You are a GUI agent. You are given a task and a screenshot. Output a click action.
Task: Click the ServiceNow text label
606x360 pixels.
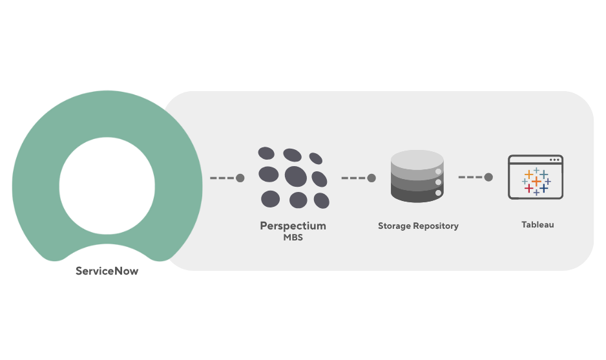107,271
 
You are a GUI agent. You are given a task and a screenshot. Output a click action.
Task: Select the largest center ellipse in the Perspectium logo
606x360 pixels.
295,175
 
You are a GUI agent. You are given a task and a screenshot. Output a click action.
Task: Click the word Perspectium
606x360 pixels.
293,226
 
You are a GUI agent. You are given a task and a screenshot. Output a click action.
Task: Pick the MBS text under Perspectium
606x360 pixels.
293,237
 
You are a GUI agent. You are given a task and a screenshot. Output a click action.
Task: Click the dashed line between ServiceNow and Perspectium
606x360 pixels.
221,178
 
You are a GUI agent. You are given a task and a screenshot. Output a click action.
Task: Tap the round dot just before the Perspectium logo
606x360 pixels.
240,178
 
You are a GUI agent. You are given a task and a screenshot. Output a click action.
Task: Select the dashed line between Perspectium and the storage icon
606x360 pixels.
353,178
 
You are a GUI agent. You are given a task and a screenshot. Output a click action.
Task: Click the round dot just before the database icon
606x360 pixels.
371,178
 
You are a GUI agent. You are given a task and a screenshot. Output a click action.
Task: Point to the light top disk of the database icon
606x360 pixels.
417,158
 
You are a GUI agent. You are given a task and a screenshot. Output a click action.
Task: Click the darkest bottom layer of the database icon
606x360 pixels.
413,193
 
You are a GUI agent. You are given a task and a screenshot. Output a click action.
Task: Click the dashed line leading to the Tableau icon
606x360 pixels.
470,177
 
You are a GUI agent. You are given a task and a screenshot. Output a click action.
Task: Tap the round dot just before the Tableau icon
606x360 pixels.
488,177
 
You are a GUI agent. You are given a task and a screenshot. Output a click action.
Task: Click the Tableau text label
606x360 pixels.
538,225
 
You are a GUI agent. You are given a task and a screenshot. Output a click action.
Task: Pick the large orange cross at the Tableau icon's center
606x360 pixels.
536,181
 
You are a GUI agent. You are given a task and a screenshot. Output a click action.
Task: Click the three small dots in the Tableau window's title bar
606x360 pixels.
554,160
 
